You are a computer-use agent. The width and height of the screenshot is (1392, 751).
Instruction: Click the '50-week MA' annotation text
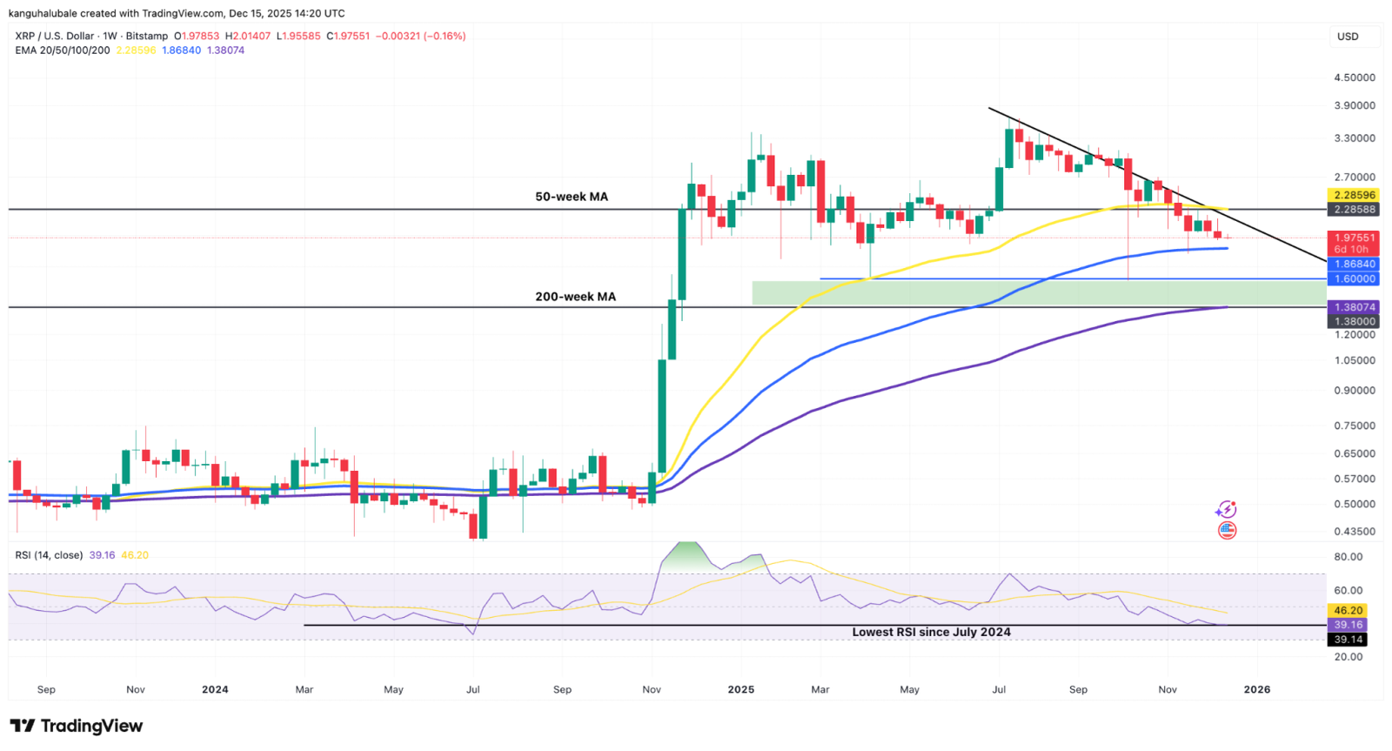[572, 197]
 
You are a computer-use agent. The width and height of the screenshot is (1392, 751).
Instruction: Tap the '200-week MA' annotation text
[575, 297]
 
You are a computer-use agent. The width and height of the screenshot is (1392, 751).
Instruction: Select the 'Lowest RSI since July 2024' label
[931, 633]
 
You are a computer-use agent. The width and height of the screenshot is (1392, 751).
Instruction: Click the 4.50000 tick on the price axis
[1354, 77]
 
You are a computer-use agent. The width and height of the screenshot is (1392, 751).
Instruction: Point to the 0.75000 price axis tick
[1354, 426]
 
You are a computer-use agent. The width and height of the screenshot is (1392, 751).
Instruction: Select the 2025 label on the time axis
[740, 689]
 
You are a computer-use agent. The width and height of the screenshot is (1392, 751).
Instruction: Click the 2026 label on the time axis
[1256, 689]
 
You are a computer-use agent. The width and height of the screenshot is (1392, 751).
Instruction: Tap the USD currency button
[1348, 37]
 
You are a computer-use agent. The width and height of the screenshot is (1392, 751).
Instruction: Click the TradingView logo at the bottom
[77, 726]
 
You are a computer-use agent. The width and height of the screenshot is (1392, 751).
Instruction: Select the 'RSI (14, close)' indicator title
[49, 555]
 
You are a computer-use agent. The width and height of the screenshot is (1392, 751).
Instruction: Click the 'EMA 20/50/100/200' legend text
[63, 50]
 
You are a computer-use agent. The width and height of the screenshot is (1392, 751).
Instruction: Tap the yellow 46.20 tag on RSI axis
[1348, 611]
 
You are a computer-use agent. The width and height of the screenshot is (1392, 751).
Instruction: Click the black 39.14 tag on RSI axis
[1348, 640]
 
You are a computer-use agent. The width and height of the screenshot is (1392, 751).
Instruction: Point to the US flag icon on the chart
[1228, 531]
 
